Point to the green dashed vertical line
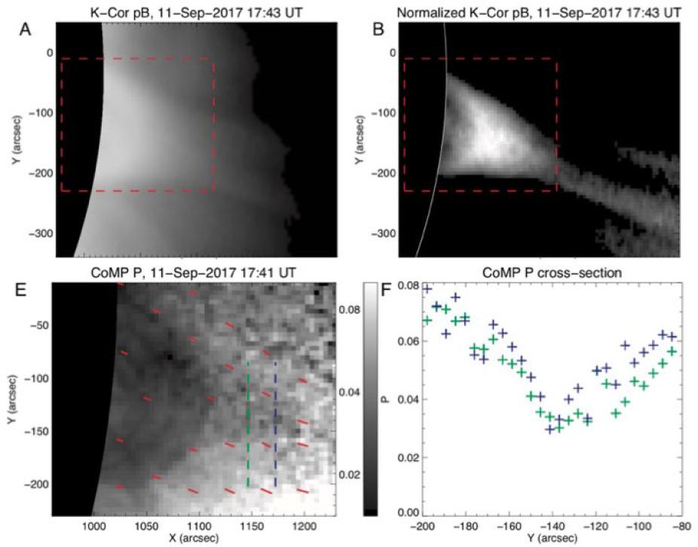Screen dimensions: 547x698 [x=249, y=422]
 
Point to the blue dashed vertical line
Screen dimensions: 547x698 [x=275, y=422]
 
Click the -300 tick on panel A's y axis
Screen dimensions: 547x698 [x=35, y=234]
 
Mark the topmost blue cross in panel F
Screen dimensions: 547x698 [x=427, y=289]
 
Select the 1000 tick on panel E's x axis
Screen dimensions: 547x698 [x=93, y=524]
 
